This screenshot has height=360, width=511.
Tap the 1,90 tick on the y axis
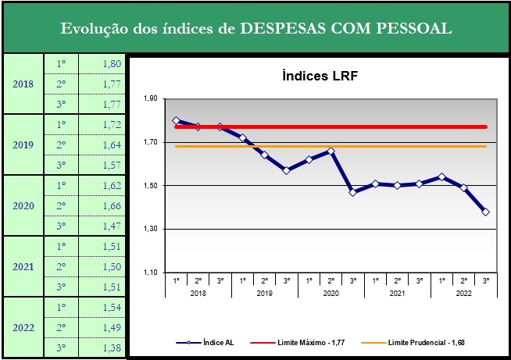(x=151, y=99)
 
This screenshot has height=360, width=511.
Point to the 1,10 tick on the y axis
(x=151, y=273)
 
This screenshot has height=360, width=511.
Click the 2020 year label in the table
(x=23, y=205)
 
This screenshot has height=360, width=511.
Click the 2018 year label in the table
(x=23, y=84)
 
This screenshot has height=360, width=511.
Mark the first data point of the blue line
(x=176, y=120)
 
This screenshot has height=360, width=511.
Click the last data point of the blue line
(x=486, y=212)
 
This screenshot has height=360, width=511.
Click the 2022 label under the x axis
(x=464, y=292)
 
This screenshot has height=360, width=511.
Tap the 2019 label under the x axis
(x=265, y=292)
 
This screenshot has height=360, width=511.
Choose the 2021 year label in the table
(x=23, y=266)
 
